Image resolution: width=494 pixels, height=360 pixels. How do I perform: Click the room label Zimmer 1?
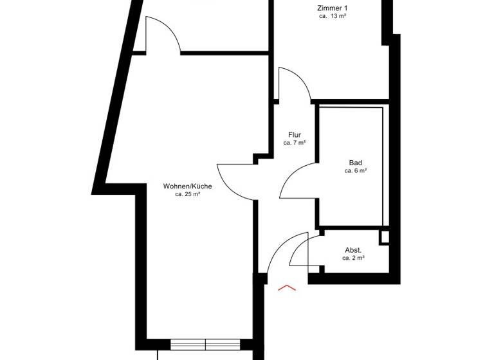pos(332,8)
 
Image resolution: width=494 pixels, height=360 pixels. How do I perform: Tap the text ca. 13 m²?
pos(333,16)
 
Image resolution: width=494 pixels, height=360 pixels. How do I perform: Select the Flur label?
pos(295,134)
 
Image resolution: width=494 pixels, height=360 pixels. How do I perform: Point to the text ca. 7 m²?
pos(295,142)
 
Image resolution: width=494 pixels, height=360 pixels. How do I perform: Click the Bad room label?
pos(356,163)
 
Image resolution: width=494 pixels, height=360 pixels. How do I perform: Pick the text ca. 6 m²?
pos(356,171)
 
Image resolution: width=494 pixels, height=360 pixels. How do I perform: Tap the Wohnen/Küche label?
pos(187,186)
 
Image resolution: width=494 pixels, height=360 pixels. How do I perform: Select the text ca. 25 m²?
pos(187,194)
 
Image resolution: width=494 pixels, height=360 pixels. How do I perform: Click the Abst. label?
pos(353,249)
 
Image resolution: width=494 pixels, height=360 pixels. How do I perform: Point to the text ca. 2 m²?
pos(353,258)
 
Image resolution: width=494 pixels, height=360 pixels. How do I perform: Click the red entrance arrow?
pos(286,287)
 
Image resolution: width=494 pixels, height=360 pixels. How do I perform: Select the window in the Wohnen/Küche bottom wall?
pos(205,343)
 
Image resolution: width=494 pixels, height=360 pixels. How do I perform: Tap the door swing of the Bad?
pos(297,183)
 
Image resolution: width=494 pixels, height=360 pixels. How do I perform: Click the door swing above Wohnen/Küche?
pos(163,35)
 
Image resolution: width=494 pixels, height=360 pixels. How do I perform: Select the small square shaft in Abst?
pos(384,237)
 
